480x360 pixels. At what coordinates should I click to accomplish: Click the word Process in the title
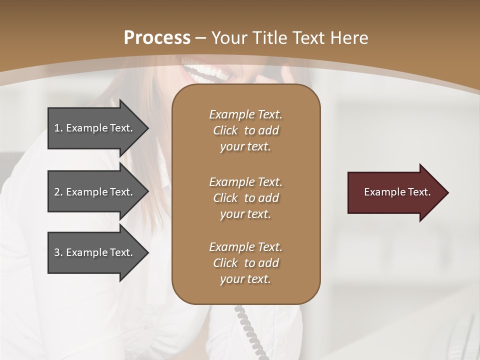point(157,38)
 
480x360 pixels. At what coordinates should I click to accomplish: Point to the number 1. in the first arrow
point(58,128)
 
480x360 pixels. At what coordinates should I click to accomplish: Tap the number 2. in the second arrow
point(58,192)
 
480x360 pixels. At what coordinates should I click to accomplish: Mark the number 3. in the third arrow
point(58,252)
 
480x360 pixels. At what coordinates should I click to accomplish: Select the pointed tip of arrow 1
point(145,128)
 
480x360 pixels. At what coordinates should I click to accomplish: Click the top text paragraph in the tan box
point(245,130)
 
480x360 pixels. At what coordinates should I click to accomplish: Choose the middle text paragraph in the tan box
point(245,198)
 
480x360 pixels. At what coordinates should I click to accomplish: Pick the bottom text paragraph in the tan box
point(245,263)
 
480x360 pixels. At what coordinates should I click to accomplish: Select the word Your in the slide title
point(228,38)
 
